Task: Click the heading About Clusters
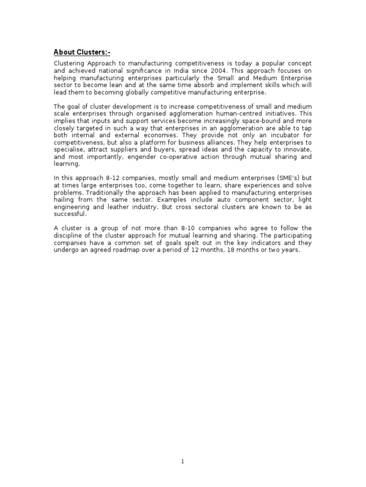[x=81, y=52]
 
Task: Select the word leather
[x=134, y=206]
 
